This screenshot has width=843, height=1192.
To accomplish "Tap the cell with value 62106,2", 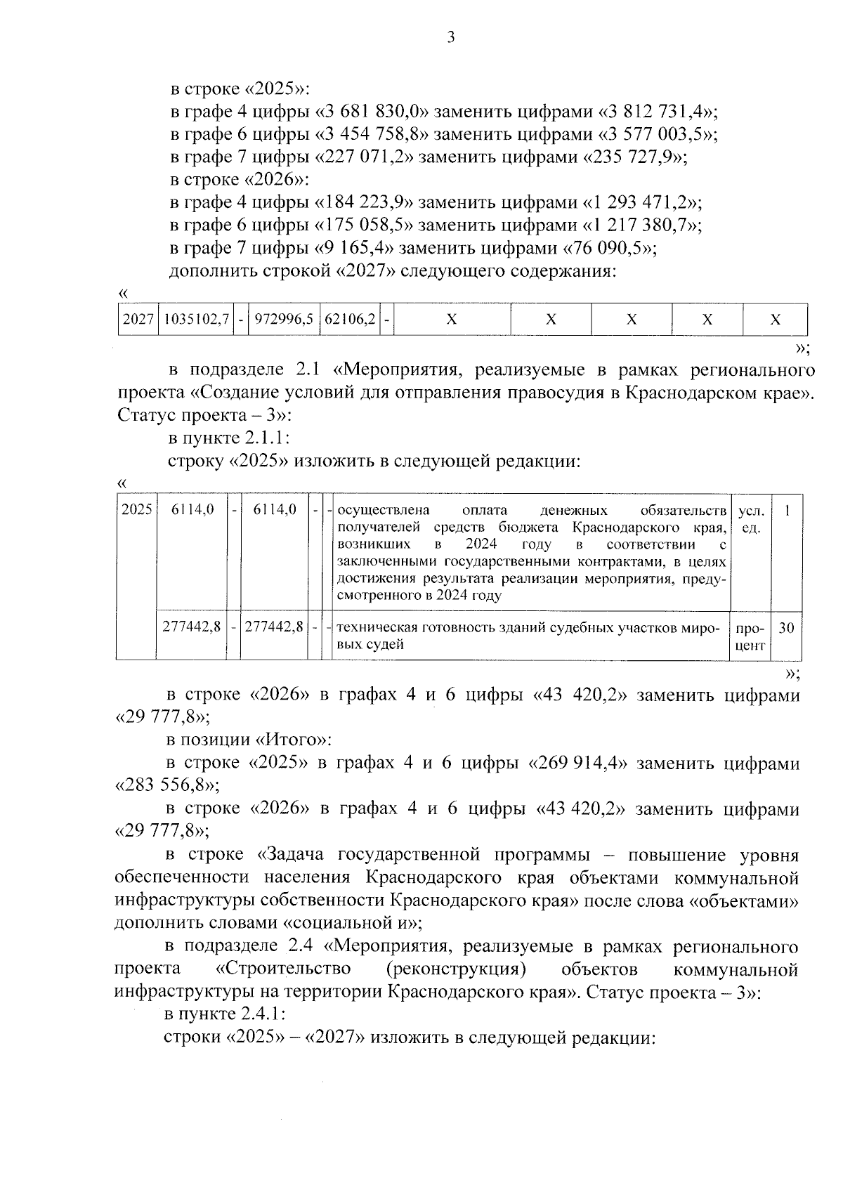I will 349,320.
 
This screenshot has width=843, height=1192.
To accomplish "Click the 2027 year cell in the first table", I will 138,320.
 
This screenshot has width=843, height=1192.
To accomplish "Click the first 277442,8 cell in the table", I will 192,628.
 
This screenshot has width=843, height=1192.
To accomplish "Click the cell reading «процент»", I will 751,636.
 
